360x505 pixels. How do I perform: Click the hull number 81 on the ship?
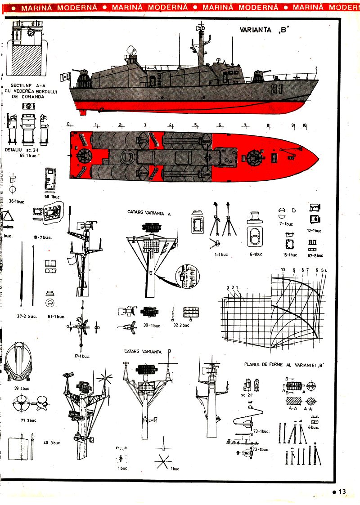pos(276,89)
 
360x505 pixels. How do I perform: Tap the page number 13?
pos(342,492)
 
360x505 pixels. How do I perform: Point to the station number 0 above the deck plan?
pos(68,124)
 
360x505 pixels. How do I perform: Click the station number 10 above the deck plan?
pos(305,125)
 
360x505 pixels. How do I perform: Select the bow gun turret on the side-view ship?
pos(259,76)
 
